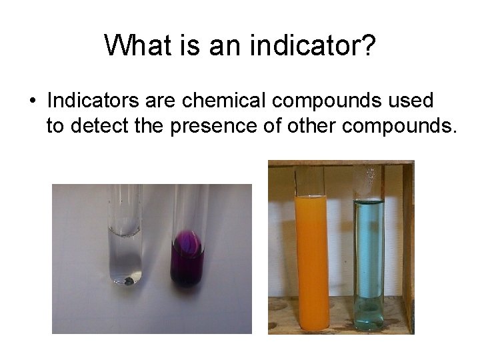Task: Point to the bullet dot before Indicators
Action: tap(32, 103)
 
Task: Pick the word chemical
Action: tap(210, 101)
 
